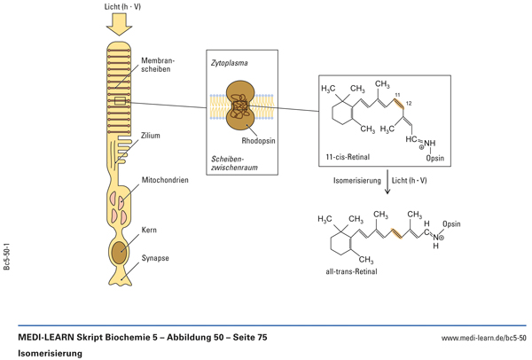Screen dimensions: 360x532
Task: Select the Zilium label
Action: [x=152, y=137]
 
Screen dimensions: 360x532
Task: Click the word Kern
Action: [x=149, y=229]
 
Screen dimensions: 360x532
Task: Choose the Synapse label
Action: [x=156, y=257]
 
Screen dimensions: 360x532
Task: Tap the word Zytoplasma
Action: [x=230, y=64]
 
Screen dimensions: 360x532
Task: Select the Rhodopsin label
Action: [x=259, y=140]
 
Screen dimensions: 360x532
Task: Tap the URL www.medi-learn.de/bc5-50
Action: [x=483, y=338]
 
